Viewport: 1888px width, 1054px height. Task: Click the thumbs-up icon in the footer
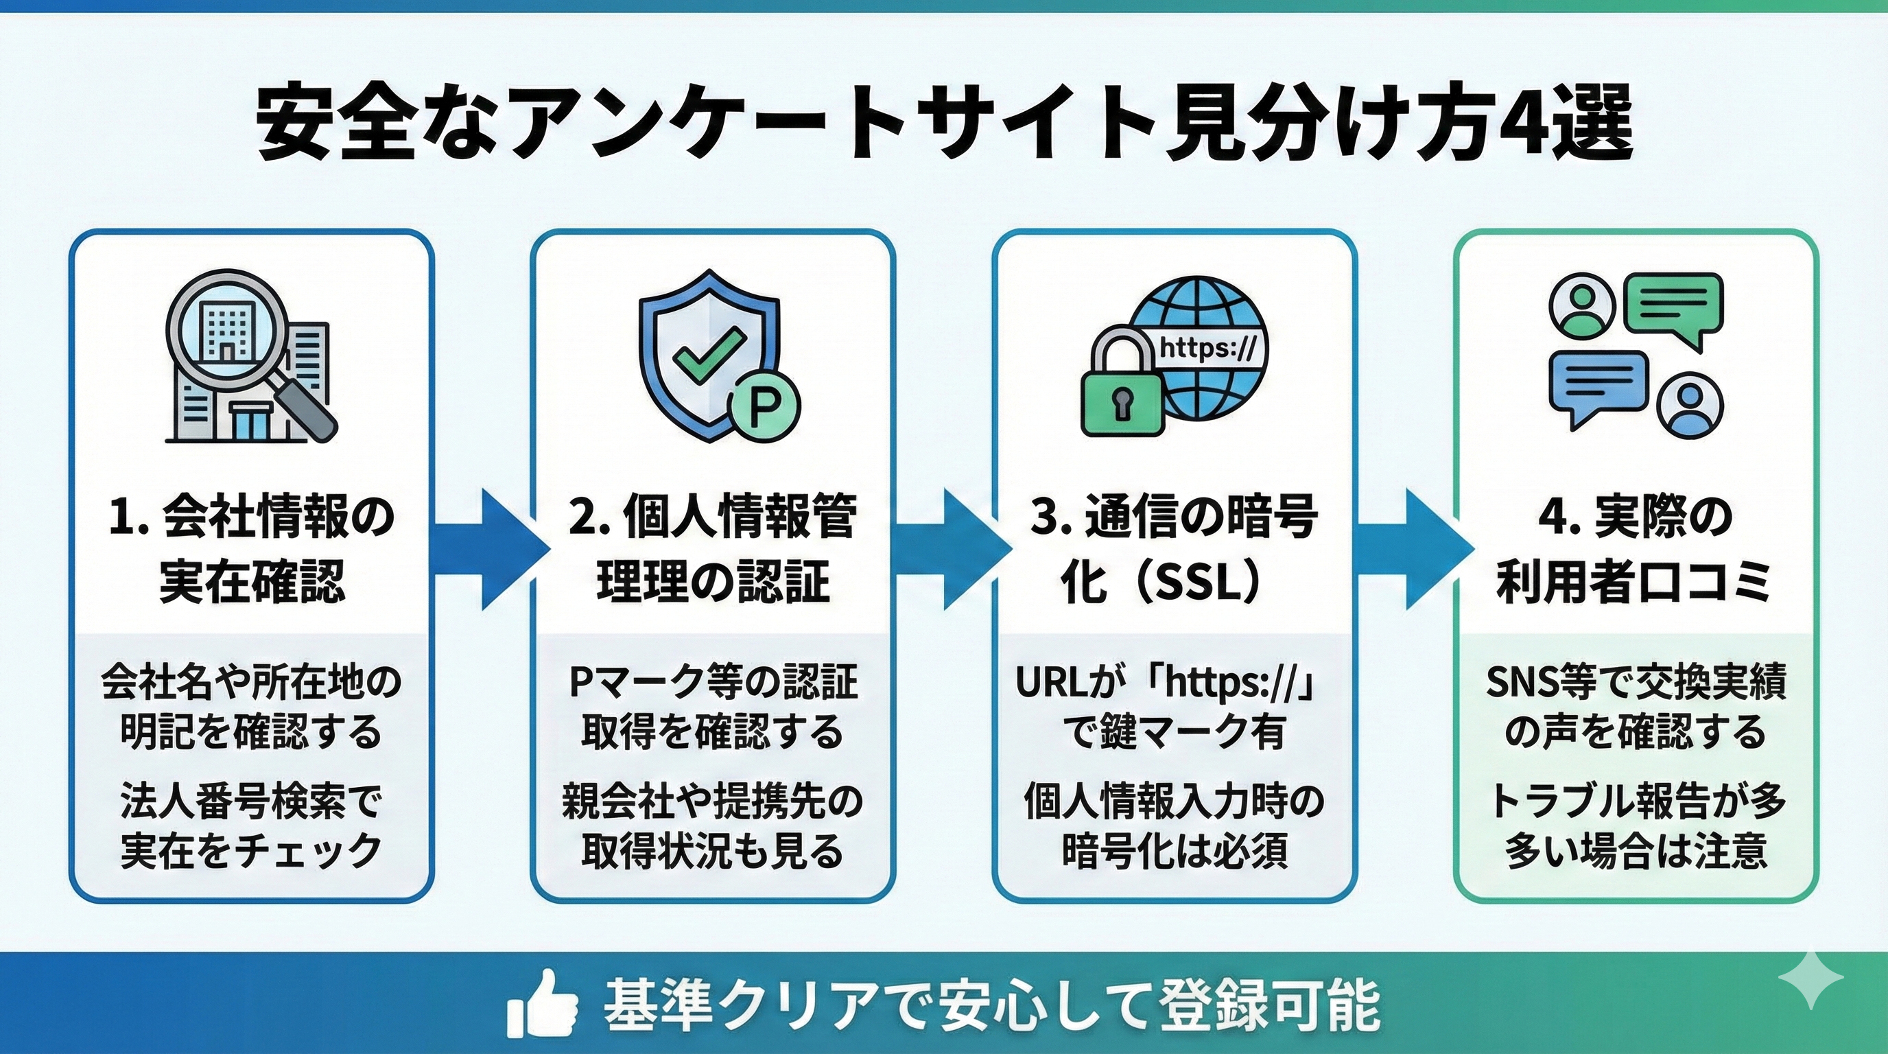click(x=543, y=1003)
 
